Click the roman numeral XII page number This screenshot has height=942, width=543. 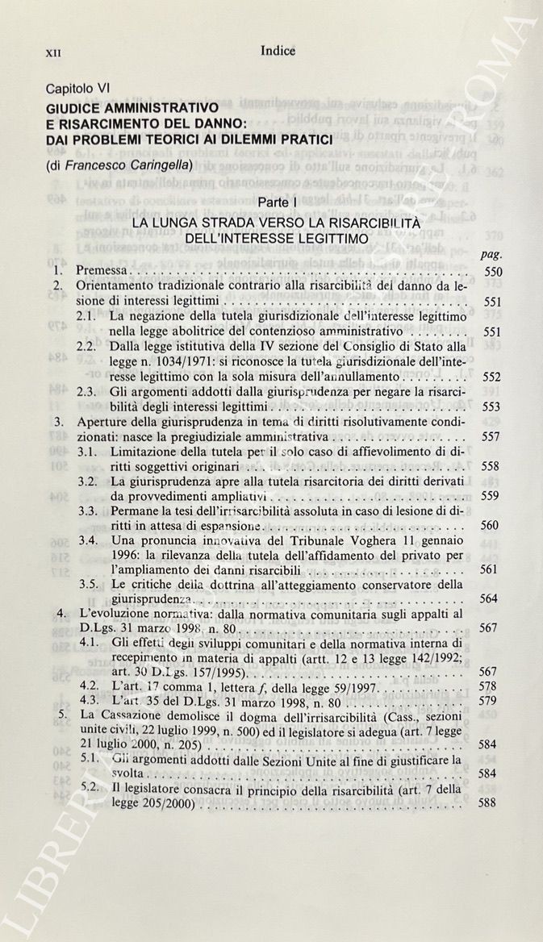(54, 52)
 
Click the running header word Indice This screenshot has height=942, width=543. (278, 51)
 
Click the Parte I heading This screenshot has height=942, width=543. (276, 201)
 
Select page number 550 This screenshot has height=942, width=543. (492, 272)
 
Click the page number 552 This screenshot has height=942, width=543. (492, 377)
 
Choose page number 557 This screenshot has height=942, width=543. (492, 437)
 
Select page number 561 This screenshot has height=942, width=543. (492, 569)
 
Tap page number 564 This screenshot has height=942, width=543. (492, 599)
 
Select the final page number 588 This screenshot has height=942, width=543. (492, 804)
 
